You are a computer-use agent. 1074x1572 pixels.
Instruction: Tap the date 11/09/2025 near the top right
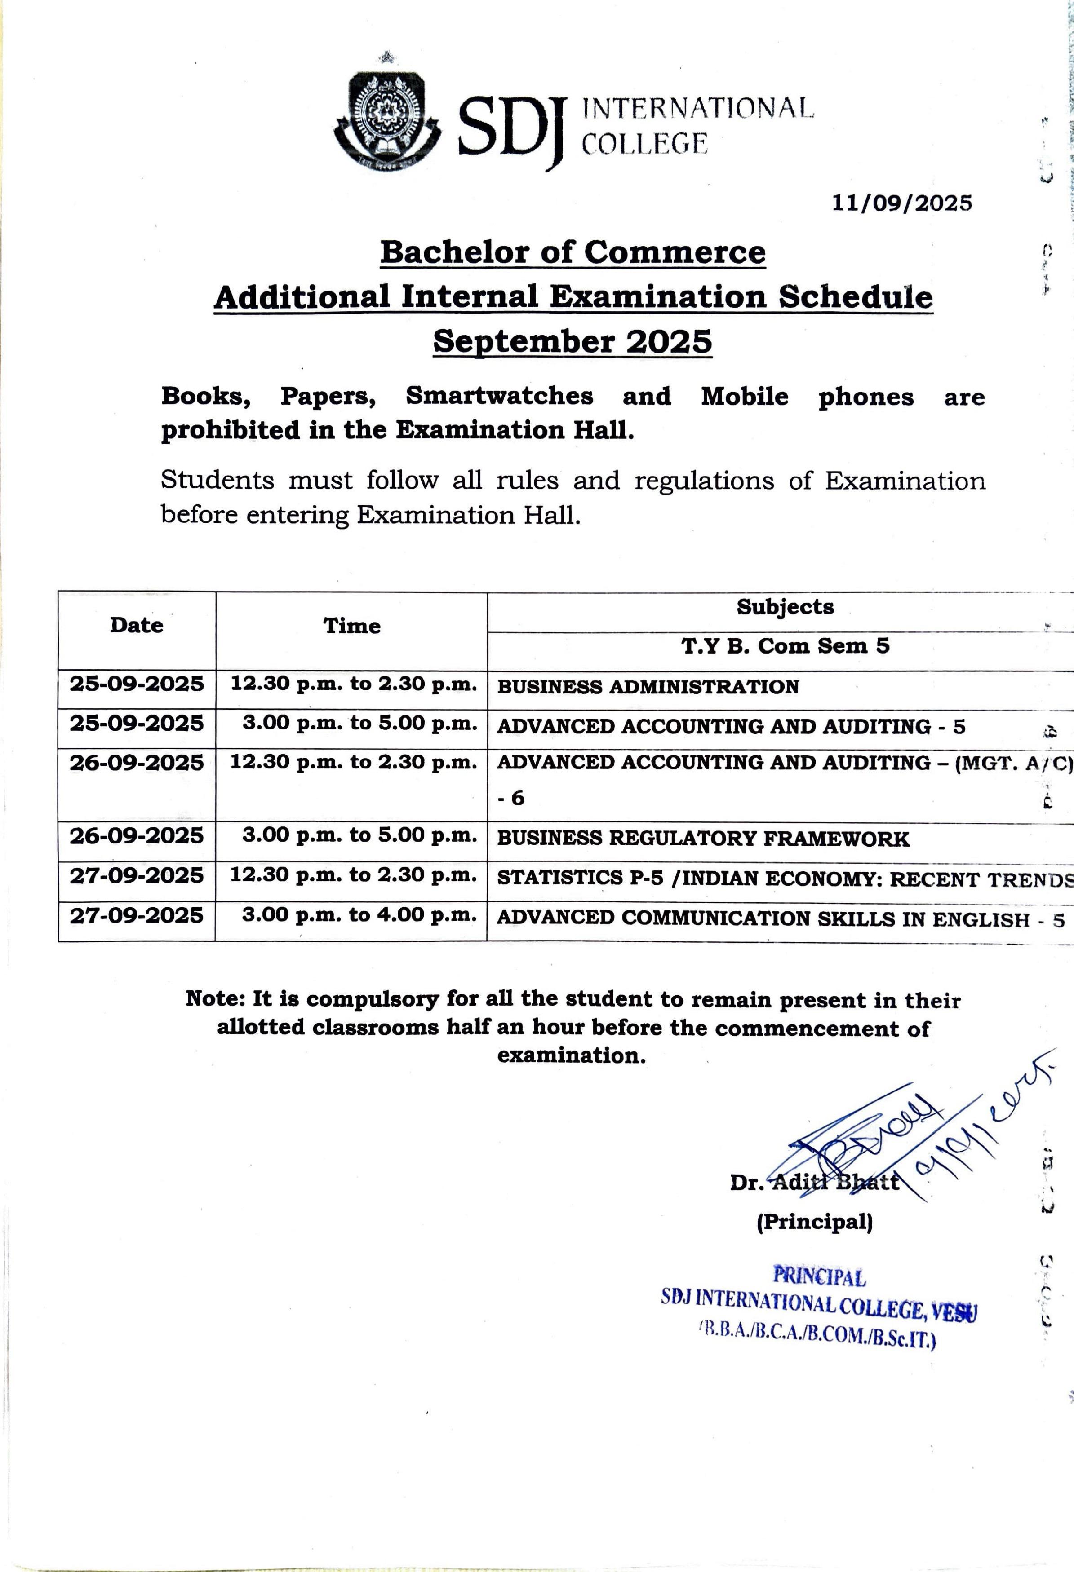coord(901,203)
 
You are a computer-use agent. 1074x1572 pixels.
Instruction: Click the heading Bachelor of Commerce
coord(573,252)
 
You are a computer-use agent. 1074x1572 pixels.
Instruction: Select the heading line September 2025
coord(573,341)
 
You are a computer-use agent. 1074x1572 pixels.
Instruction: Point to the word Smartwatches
coord(499,396)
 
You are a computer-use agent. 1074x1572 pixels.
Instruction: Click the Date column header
coord(137,625)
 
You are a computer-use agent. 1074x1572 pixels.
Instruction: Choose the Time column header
coord(352,626)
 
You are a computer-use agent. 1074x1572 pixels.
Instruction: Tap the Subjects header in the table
coord(785,607)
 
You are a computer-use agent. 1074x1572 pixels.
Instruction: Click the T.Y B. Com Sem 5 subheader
coord(785,646)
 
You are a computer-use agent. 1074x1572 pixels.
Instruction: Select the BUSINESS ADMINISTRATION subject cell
coord(648,687)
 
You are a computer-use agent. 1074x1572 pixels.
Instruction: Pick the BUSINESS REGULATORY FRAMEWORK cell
coord(703,839)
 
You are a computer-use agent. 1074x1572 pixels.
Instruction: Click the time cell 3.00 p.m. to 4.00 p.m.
coord(359,915)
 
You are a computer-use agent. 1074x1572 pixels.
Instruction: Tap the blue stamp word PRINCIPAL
coord(819,1276)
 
